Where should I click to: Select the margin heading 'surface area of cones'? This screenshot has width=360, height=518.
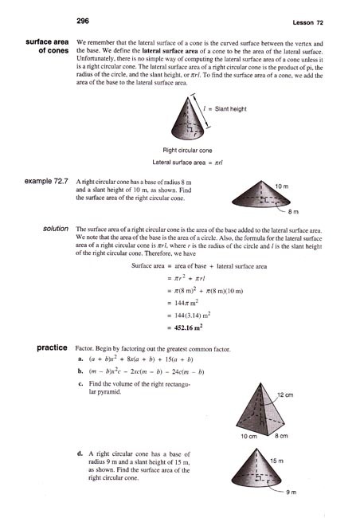[45, 45]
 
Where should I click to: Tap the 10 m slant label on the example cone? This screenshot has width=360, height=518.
[281, 186]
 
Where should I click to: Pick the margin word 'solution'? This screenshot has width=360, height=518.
[54, 229]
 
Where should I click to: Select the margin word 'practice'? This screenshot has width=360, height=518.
[51, 349]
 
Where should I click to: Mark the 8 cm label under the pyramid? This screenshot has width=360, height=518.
[283, 438]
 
